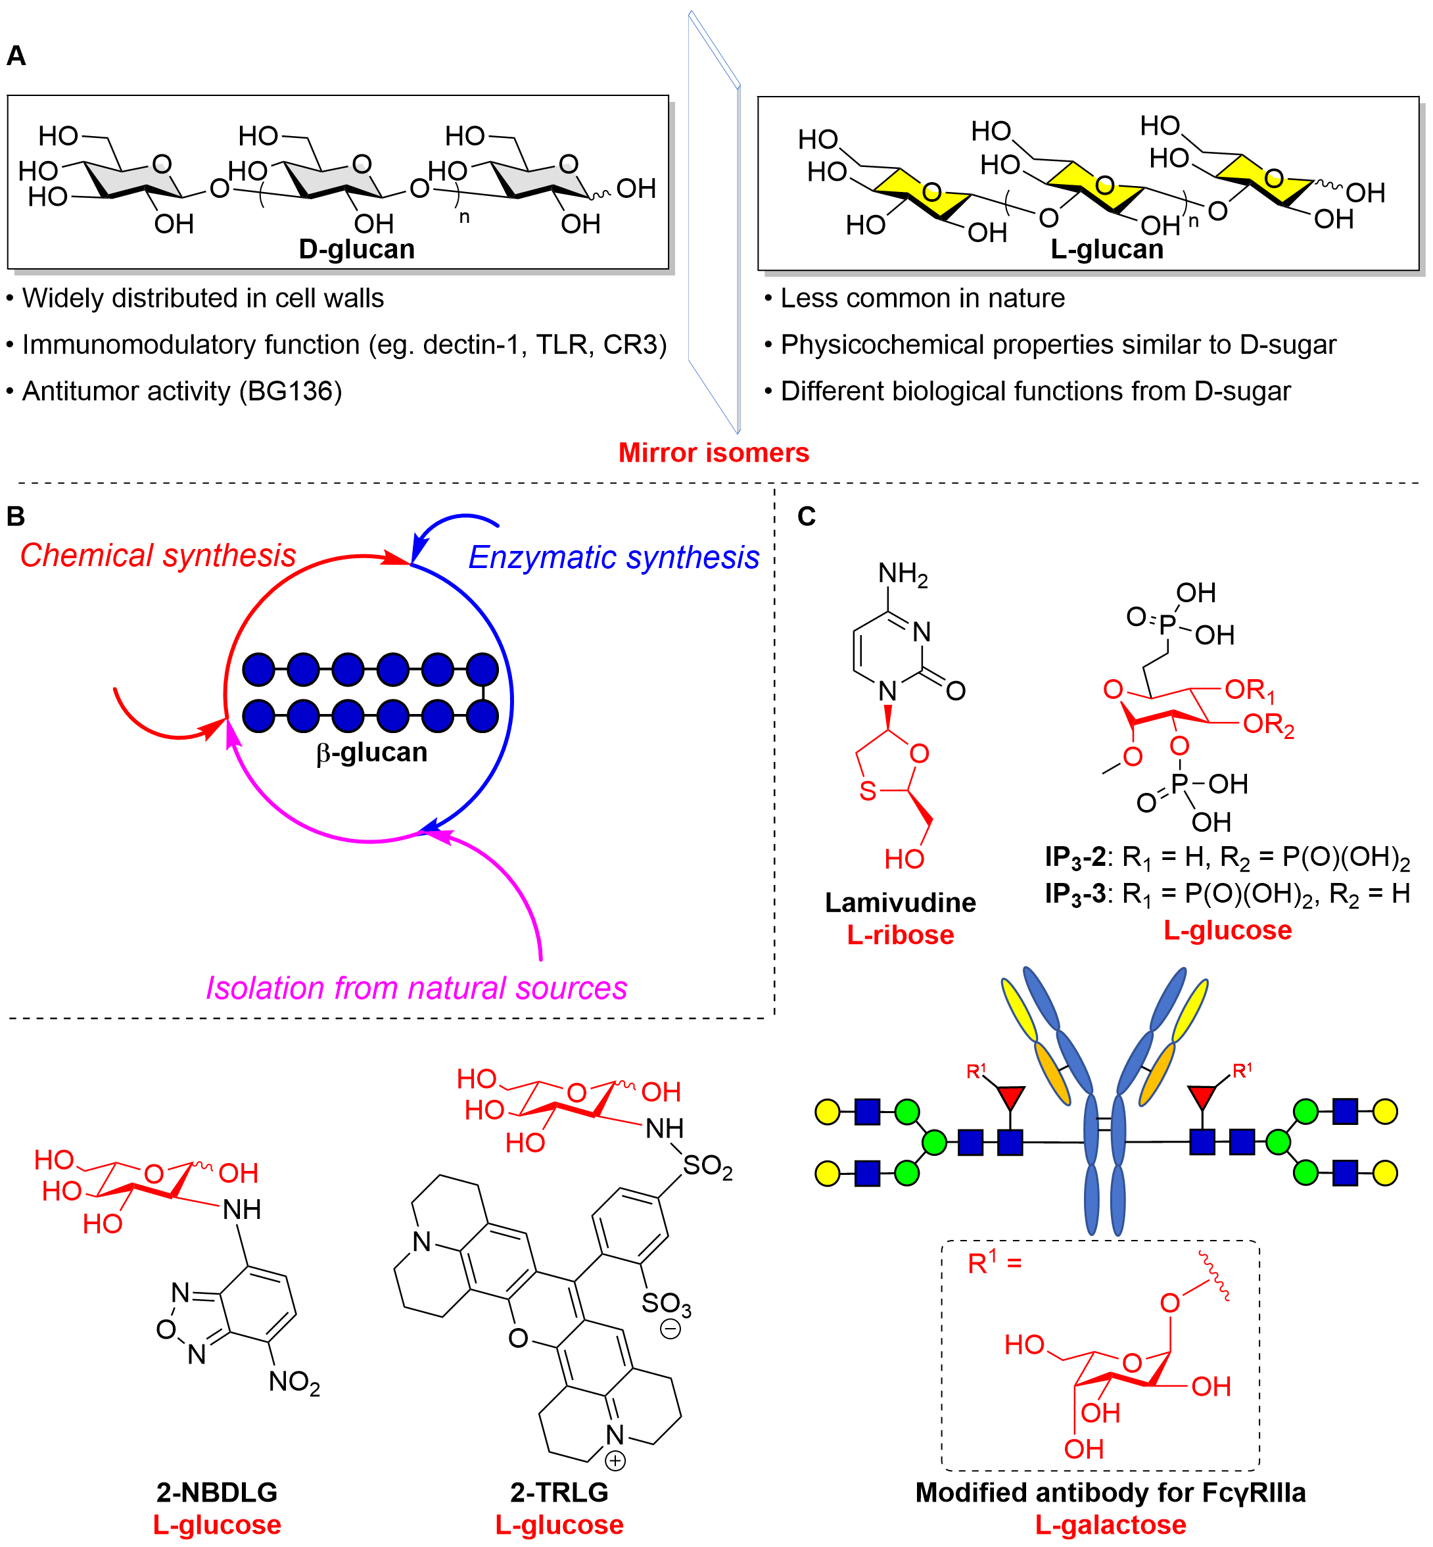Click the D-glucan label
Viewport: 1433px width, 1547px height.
[357, 249]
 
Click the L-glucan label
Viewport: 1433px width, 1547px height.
[1106, 249]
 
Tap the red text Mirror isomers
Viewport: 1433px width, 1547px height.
[713, 452]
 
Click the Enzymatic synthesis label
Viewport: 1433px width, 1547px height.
[613, 558]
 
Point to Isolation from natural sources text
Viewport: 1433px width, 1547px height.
[416, 988]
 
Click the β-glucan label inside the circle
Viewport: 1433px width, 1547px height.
[371, 752]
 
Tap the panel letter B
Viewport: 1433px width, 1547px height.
[16, 517]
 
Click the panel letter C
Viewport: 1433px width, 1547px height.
[807, 517]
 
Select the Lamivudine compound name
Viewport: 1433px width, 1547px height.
[901, 902]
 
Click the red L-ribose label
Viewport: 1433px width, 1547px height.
[901, 934]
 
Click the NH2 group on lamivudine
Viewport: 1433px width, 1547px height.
[902, 574]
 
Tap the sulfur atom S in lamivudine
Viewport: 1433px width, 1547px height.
[868, 791]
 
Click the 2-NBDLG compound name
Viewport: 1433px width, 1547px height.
[217, 1492]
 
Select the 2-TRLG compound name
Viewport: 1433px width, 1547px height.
[559, 1492]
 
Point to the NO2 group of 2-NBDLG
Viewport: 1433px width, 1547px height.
[294, 1382]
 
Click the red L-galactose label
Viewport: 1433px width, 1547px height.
[1110, 1525]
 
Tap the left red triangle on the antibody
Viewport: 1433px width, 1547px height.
[1010, 1097]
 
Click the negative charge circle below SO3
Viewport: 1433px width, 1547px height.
[670, 1329]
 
